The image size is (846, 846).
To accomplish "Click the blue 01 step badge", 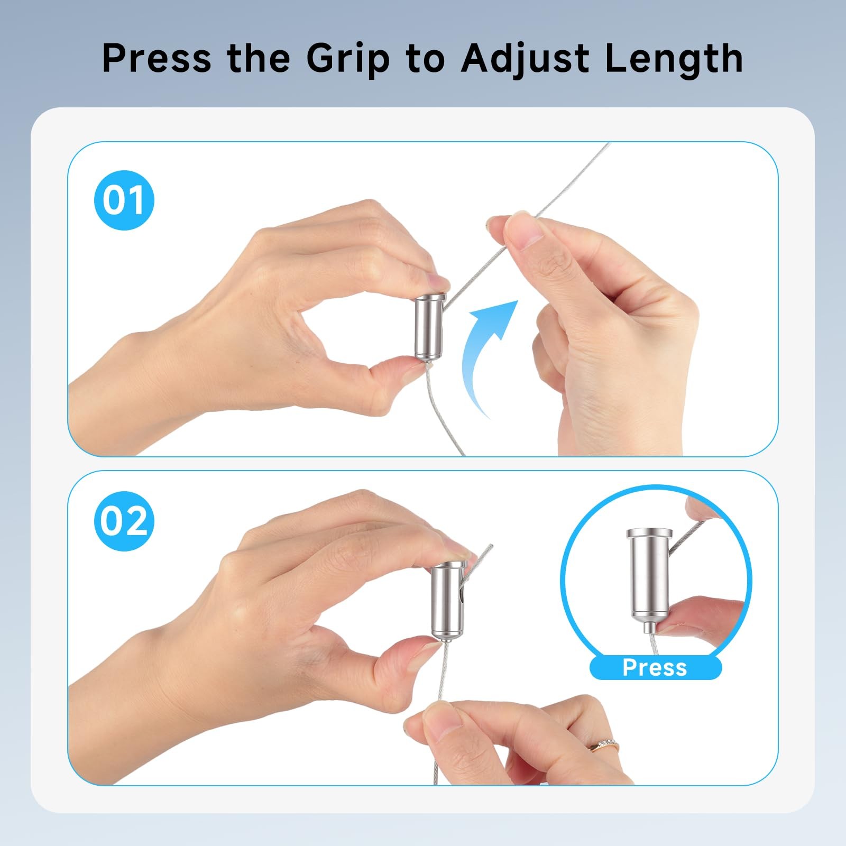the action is click(124, 200).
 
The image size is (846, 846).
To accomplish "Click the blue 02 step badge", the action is click(124, 521).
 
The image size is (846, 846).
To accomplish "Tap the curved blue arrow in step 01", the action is click(486, 354).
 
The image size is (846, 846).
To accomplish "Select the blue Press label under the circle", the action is click(655, 667).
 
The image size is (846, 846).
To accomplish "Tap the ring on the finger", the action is click(604, 746).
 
